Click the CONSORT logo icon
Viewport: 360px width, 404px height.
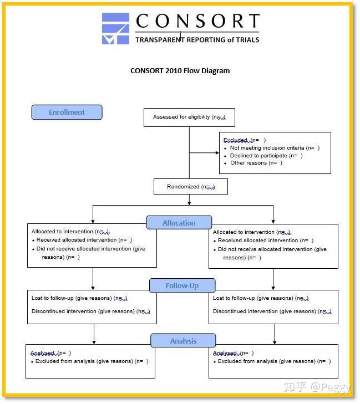[115, 28]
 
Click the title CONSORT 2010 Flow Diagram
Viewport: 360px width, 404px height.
[180, 70]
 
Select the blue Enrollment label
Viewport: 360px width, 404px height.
[67, 112]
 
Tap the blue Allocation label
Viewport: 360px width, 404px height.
[179, 223]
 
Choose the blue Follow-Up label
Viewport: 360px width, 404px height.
[182, 286]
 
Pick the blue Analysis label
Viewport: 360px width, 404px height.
[183, 341]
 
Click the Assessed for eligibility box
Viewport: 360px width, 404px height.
[189, 117]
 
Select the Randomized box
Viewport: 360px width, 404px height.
[190, 187]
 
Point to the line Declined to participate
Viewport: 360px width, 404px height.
[266, 156]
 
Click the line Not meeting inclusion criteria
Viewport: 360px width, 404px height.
[275, 148]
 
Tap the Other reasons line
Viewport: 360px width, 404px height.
[256, 163]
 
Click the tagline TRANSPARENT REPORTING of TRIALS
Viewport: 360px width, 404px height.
[197, 39]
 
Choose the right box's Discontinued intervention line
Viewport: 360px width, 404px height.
[272, 311]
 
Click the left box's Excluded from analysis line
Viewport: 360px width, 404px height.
[92, 361]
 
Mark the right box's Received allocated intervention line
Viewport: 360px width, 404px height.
[265, 241]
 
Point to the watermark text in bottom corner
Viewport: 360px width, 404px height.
[317, 387]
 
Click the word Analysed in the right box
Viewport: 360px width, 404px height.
[225, 353]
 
